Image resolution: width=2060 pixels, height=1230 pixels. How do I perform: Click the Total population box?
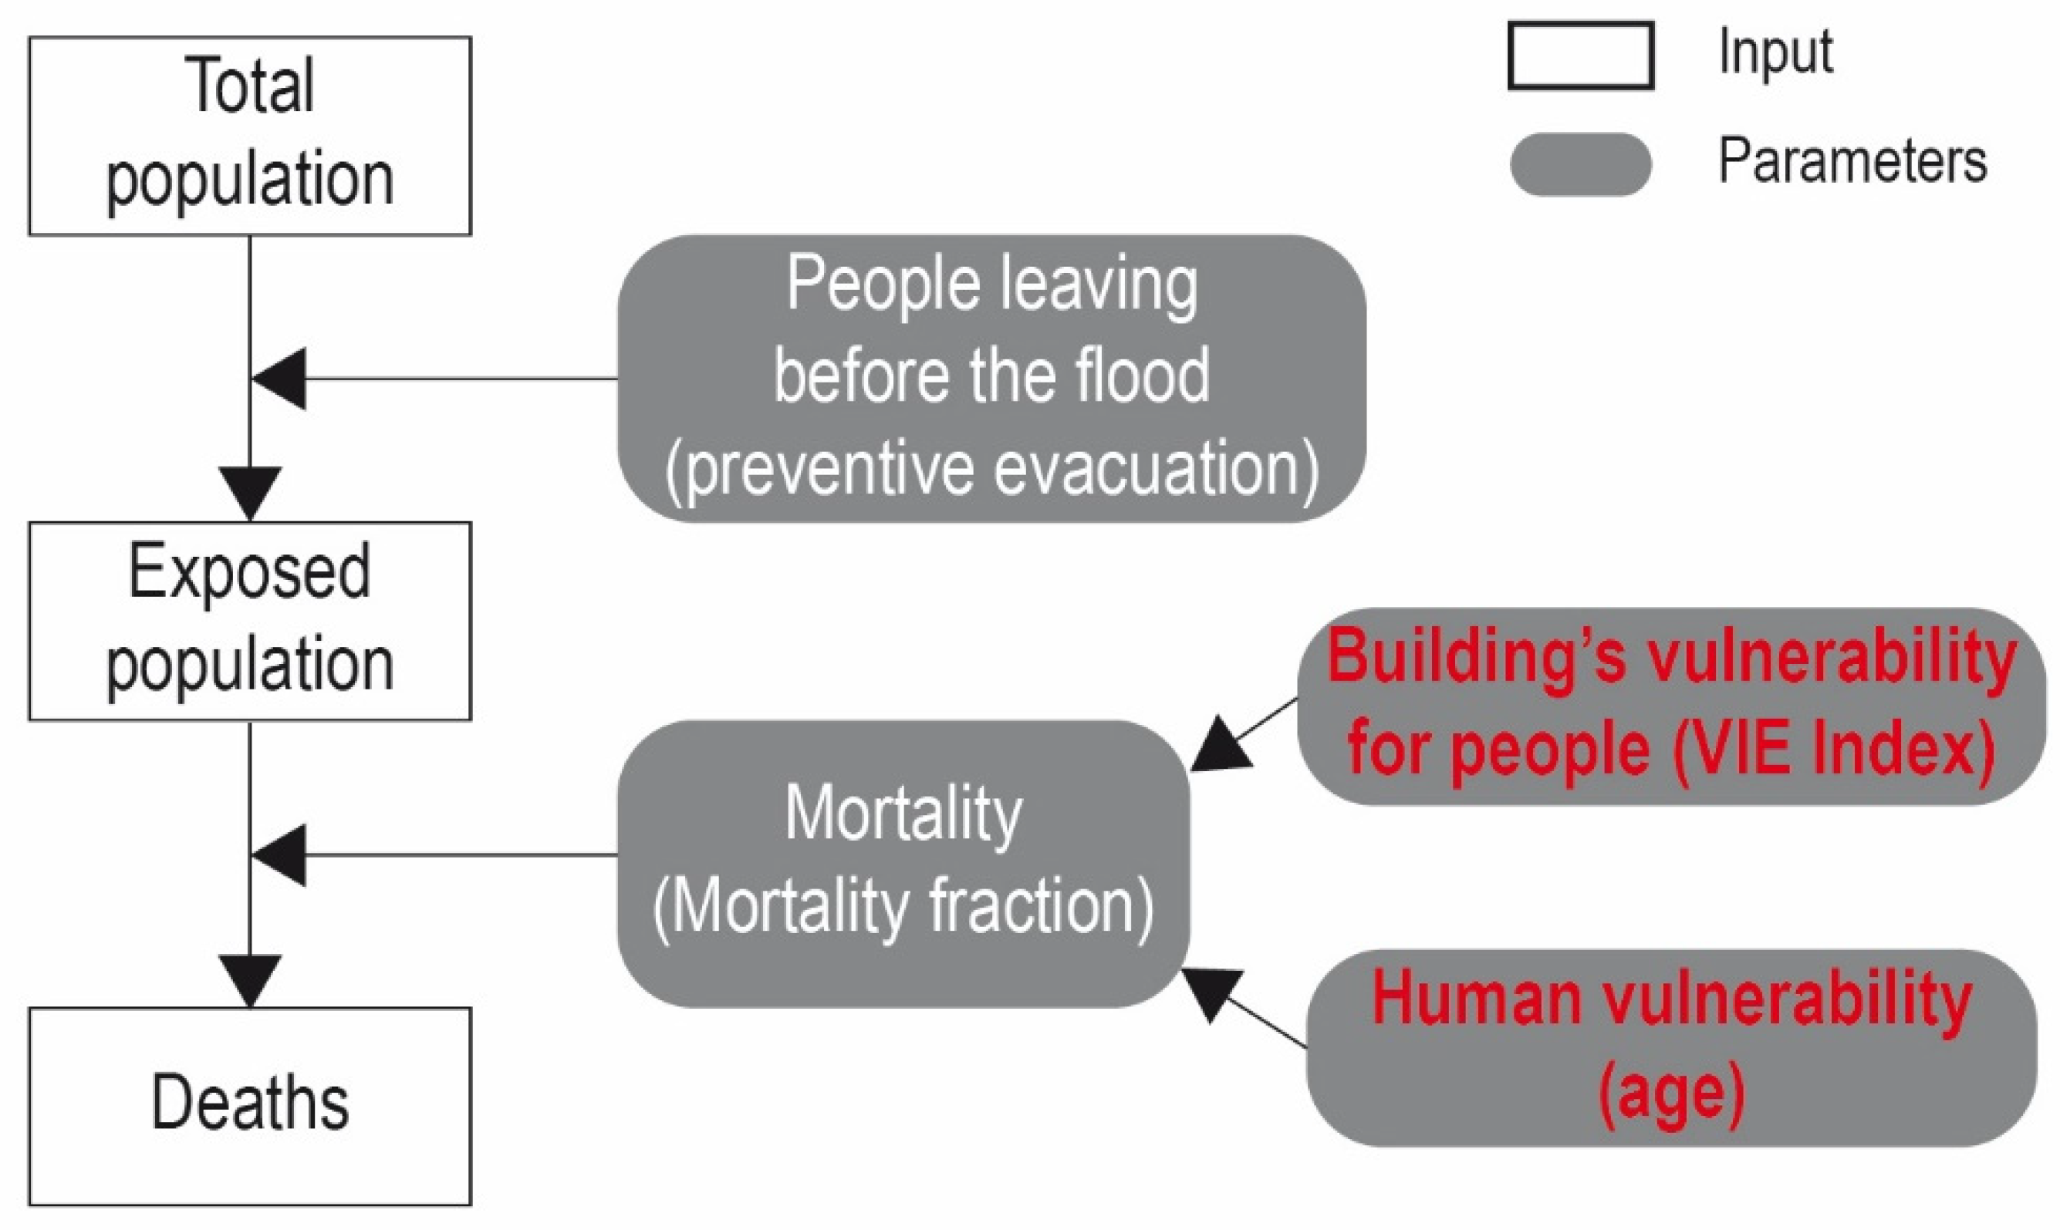pos(249,135)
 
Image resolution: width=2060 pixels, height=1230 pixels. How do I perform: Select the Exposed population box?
pos(249,621)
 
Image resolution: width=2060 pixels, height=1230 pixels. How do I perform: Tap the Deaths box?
pos(249,1106)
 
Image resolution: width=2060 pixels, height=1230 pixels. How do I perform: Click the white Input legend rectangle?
pos(1580,56)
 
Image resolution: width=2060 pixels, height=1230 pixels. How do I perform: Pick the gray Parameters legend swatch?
pos(1580,164)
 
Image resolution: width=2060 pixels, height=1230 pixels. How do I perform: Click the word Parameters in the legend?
pos(1852,161)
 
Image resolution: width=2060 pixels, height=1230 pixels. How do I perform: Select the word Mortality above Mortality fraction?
pos(903,815)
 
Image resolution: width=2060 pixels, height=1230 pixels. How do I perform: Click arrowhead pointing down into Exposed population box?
pos(249,491)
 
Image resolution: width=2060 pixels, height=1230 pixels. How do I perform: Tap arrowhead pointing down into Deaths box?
pos(249,979)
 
